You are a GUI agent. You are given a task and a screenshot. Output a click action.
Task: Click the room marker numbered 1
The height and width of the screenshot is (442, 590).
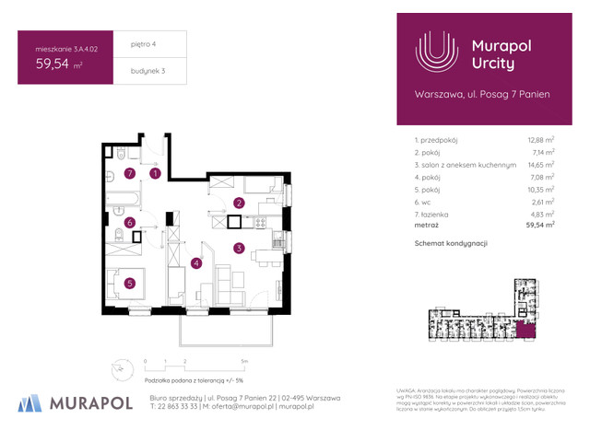tap(156, 172)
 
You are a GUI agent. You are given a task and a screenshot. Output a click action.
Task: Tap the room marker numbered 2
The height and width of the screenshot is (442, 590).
tap(238, 204)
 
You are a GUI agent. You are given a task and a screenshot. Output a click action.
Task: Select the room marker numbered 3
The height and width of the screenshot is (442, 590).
tap(238, 248)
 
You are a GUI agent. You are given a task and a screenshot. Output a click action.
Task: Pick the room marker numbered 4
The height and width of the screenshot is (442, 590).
tap(196, 263)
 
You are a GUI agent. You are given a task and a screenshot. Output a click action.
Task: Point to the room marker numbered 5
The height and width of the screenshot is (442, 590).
tap(130, 283)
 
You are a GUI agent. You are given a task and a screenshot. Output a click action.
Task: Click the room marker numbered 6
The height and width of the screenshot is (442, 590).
tap(130, 222)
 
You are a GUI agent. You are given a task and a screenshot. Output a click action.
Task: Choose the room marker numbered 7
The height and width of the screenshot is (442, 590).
tap(130, 172)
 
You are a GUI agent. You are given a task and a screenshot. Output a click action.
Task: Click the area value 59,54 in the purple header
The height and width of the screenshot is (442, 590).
tap(55, 64)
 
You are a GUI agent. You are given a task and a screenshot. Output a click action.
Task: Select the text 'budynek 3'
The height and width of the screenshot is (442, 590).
tap(135, 71)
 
